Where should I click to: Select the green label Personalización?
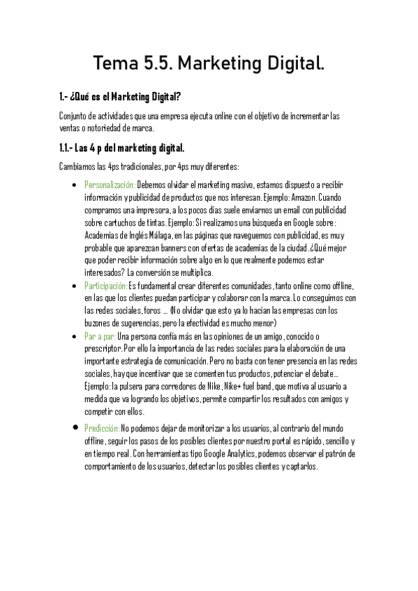tap(110, 185)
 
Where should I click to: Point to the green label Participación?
tap(106, 286)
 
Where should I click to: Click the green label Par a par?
tap(100, 336)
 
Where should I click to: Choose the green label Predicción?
tap(102, 428)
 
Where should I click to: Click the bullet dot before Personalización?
tap(75, 185)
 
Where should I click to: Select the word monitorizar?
tap(204, 428)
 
